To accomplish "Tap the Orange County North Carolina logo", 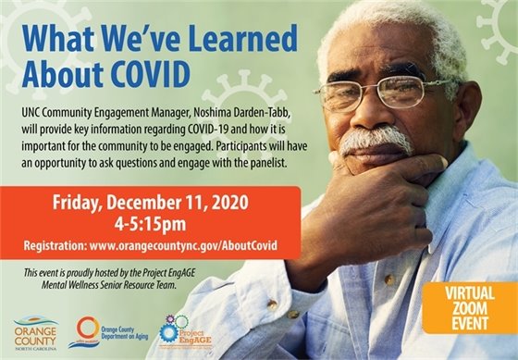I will click(35, 331).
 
